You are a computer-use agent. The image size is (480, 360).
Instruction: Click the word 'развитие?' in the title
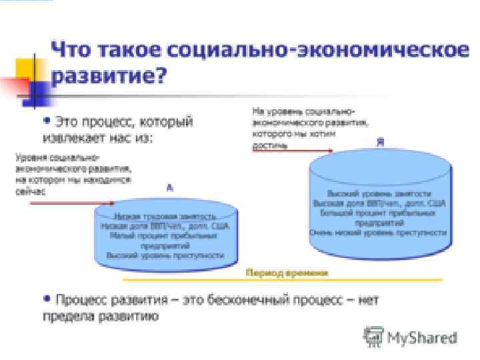click(109, 76)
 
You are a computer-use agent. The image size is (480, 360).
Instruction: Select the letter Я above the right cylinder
click(380, 143)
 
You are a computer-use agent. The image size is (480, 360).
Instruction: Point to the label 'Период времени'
click(287, 273)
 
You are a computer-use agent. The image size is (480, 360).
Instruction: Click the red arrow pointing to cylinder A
click(73, 203)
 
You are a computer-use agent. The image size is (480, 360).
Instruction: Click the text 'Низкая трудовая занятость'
click(165, 217)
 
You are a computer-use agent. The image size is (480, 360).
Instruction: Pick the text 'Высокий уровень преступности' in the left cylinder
click(165, 255)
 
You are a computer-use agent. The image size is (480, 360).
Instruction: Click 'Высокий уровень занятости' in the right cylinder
click(377, 191)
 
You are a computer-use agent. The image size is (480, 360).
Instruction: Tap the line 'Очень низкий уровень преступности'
click(377, 233)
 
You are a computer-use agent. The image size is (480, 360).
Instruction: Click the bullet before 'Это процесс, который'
click(47, 121)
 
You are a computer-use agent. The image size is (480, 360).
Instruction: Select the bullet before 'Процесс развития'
click(47, 299)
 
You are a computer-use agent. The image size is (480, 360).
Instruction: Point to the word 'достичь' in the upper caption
click(269, 145)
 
